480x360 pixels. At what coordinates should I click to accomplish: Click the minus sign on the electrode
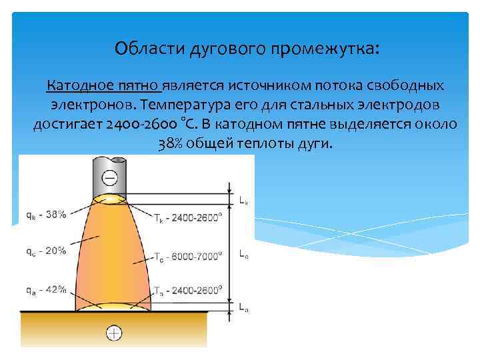(x=110, y=177)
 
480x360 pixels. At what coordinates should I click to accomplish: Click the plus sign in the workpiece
(x=115, y=333)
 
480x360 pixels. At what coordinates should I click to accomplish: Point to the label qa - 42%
(x=46, y=289)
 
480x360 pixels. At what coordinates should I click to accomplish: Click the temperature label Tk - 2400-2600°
(x=189, y=219)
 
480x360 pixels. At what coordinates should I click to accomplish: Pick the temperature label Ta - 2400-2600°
(x=187, y=290)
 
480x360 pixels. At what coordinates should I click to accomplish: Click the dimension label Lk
(x=245, y=199)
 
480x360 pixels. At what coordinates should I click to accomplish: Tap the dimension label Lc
(x=244, y=253)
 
